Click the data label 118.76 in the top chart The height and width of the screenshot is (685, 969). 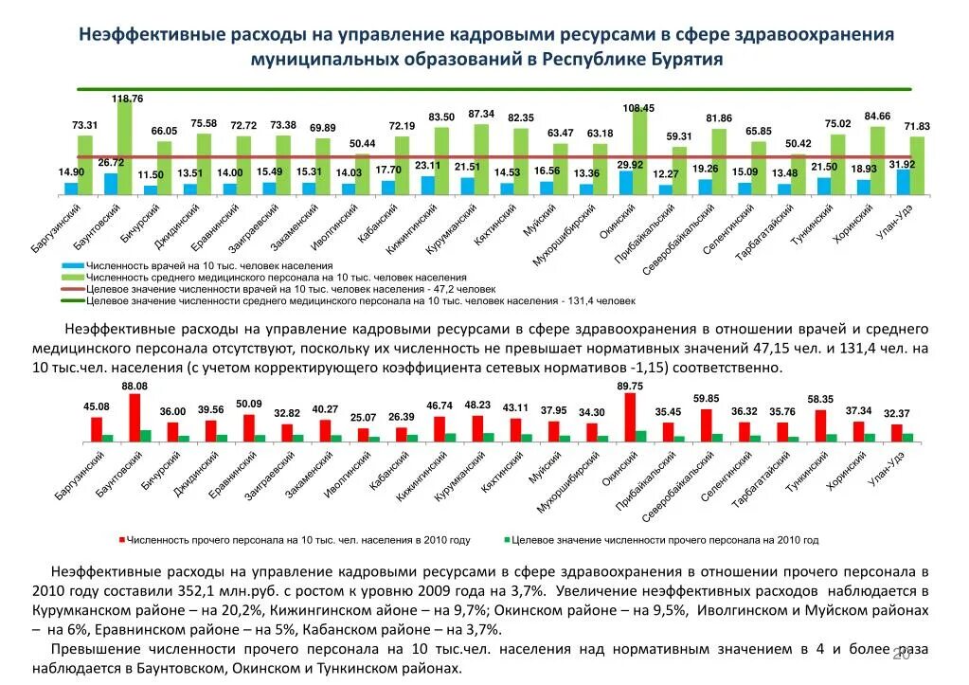(127, 99)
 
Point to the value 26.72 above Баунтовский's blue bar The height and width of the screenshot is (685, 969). (111, 163)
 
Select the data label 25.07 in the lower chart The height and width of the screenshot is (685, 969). (363, 417)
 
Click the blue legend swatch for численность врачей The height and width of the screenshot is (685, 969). (72, 266)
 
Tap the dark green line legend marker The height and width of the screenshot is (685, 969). (72, 300)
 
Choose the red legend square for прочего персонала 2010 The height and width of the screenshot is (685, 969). (121, 540)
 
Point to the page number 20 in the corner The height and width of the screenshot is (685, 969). (901, 655)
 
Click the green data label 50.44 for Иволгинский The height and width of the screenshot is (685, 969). (363, 143)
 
